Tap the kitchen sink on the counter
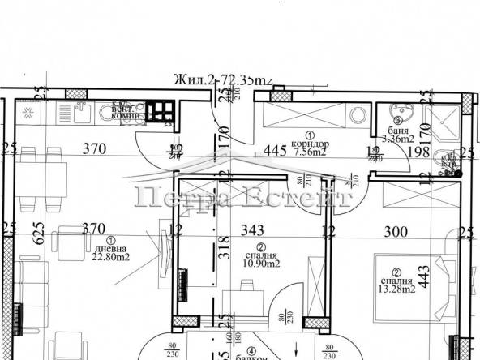(x=80, y=114)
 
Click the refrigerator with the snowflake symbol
(x=27, y=113)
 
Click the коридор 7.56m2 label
(x=310, y=145)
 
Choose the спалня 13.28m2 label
(x=397, y=283)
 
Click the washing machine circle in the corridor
(x=358, y=115)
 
